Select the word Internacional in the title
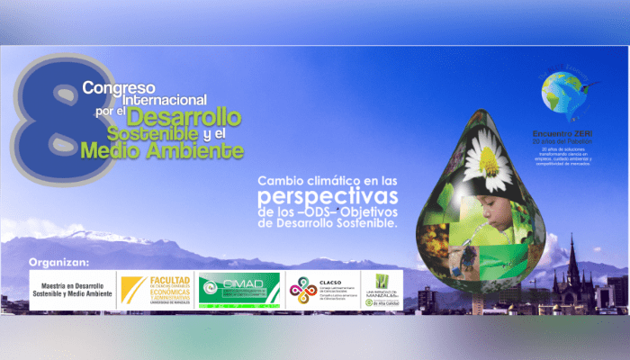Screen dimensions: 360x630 pyautogui.click(x=158, y=100)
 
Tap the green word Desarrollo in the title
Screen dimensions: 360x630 pyautogui.click(x=184, y=116)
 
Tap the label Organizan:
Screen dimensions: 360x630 pyautogui.click(x=59, y=263)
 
